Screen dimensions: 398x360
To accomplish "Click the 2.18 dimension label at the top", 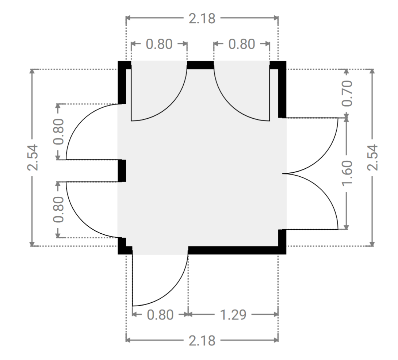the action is (202, 19).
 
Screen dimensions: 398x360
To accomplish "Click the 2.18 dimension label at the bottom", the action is (202, 340).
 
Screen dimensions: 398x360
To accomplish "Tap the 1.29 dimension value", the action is (233, 315).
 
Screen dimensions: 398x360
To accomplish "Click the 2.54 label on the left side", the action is (32, 157).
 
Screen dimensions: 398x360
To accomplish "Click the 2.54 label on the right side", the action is (372, 157).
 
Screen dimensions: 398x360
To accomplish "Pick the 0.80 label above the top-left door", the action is (159, 44).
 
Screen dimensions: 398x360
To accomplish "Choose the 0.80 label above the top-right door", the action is (242, 44).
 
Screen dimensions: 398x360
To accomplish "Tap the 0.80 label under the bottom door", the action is (160, 315).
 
